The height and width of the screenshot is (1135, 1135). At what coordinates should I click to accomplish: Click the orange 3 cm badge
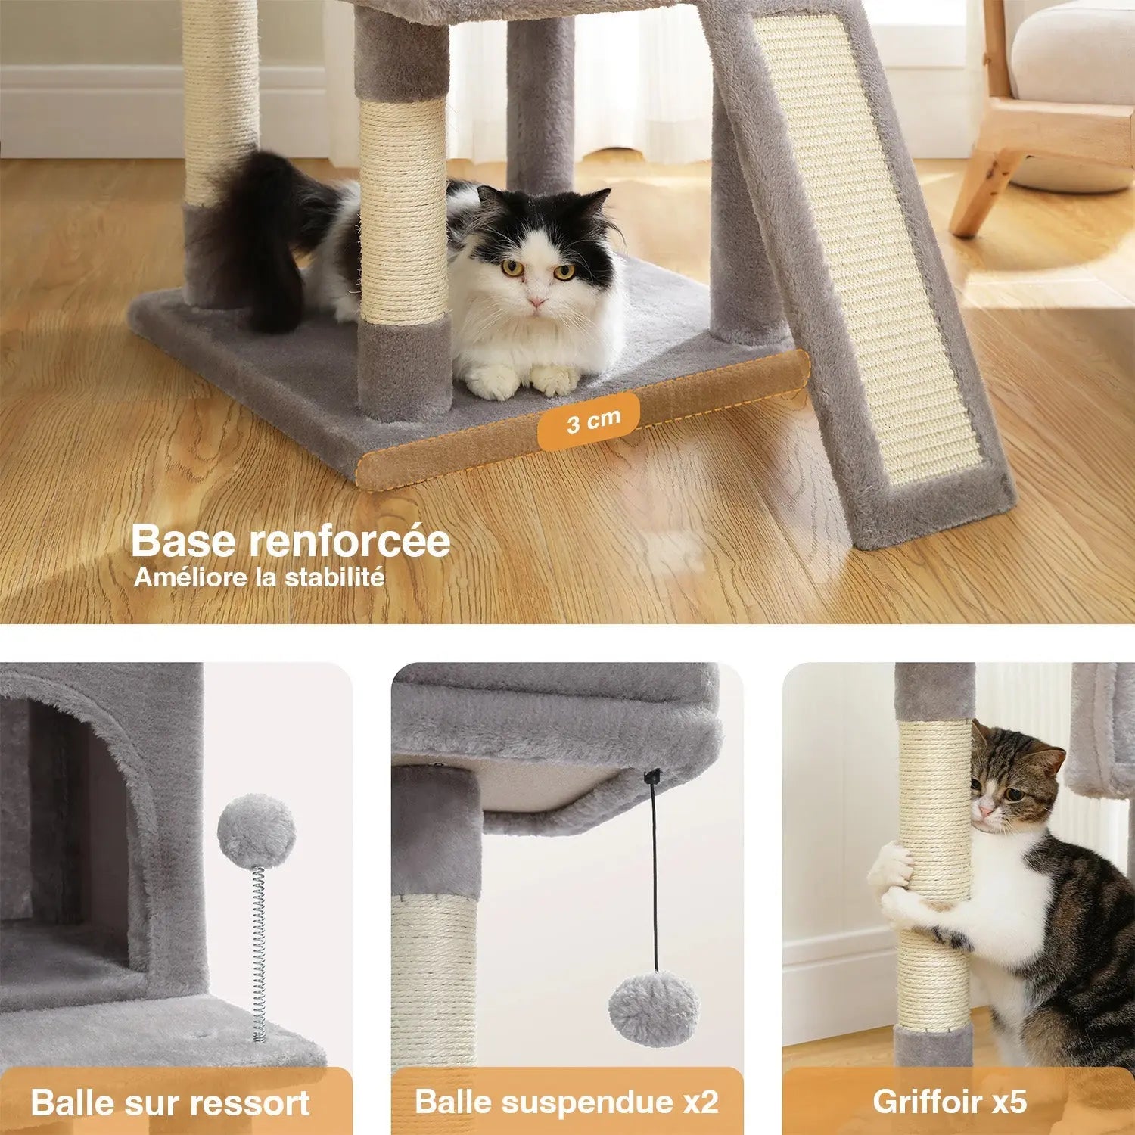pos(589,421)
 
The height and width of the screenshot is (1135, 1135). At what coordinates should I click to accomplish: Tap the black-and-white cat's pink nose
pos(536,302)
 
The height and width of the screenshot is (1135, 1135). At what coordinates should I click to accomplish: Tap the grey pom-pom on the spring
pos(256,831)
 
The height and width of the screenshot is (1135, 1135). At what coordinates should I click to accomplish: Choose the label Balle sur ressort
pos(170,1102)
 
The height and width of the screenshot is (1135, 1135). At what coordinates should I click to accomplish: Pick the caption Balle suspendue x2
pos(567,1102)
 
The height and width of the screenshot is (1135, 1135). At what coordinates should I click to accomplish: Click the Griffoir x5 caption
pos(950,1102)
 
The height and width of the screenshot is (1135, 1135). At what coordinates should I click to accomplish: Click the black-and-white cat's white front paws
pos(522,381)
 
